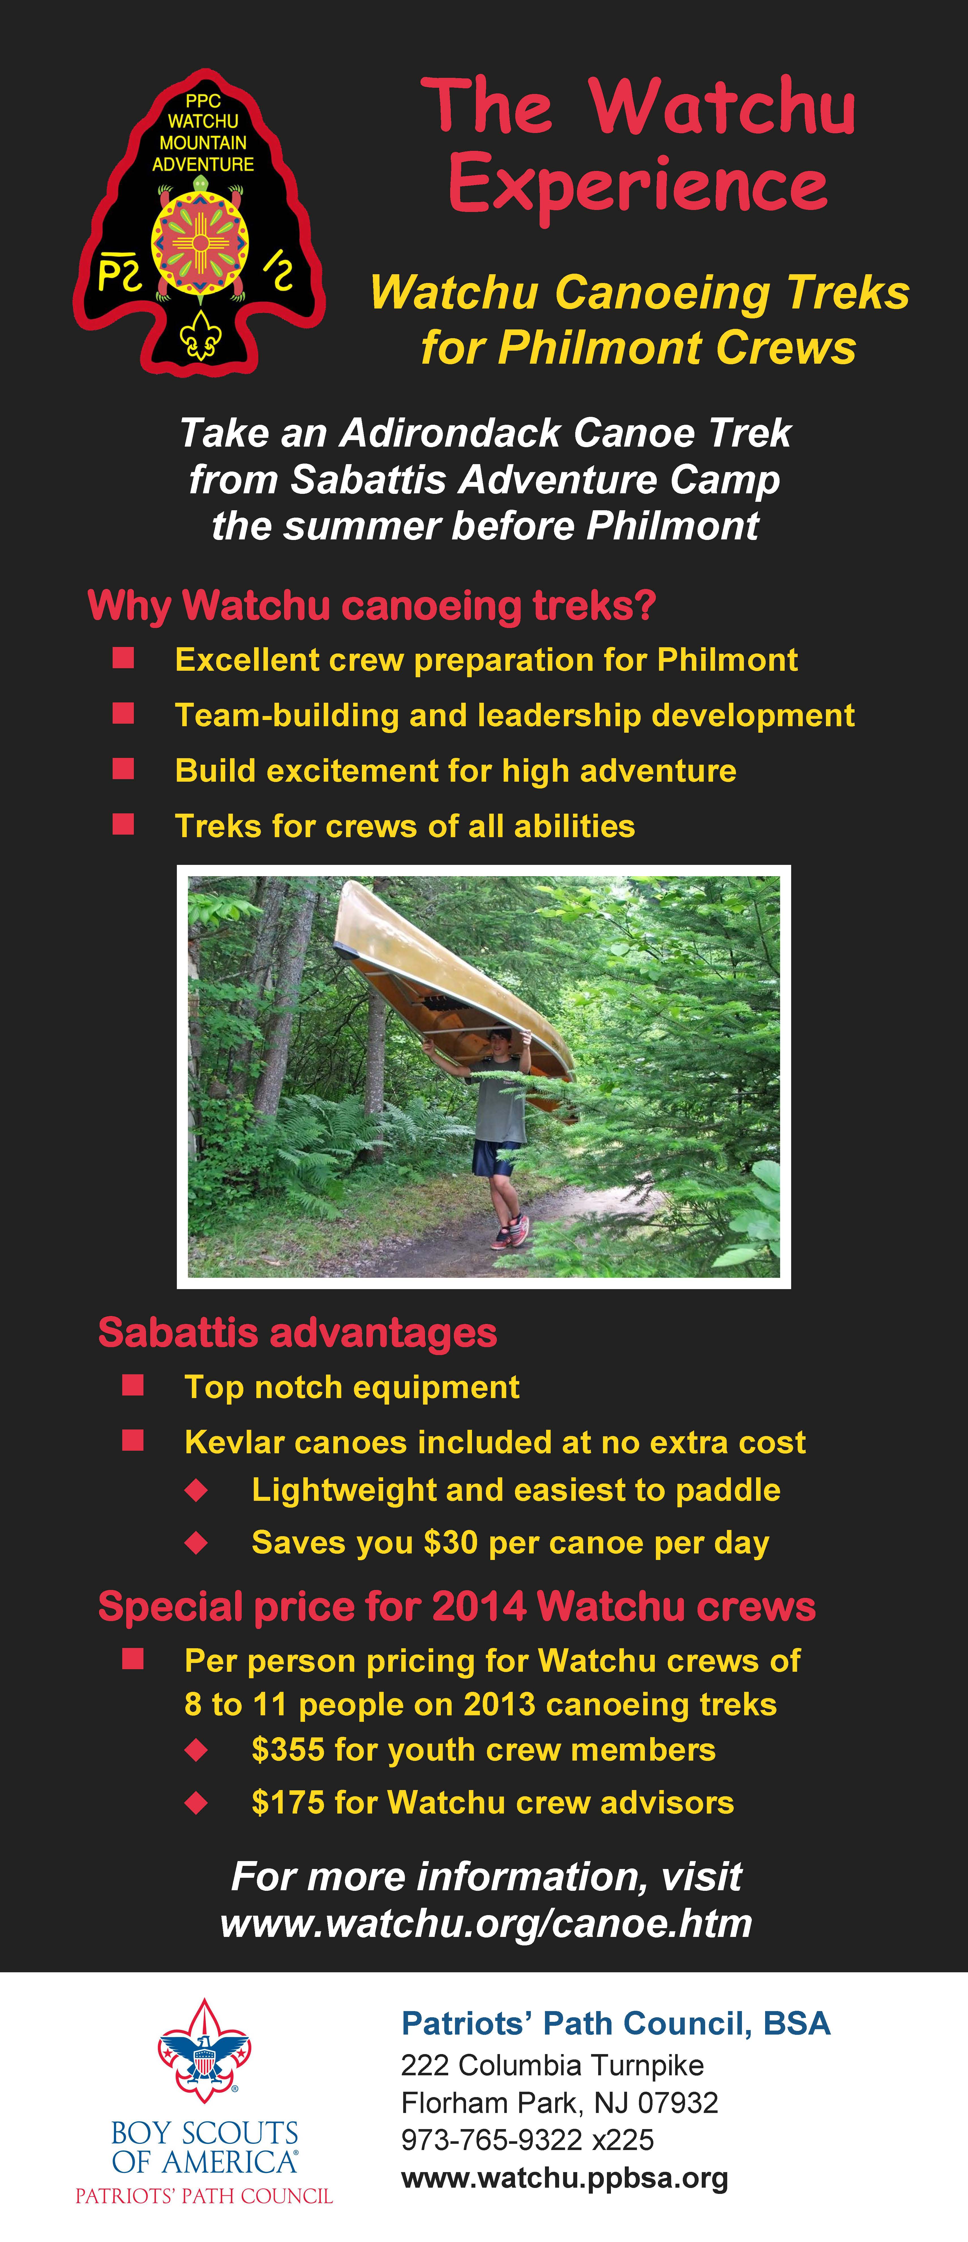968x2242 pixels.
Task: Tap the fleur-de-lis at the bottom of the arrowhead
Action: point(200,335)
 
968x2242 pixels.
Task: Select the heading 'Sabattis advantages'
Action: point(298,1332)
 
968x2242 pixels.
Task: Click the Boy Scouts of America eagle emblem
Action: point(205,2050)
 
